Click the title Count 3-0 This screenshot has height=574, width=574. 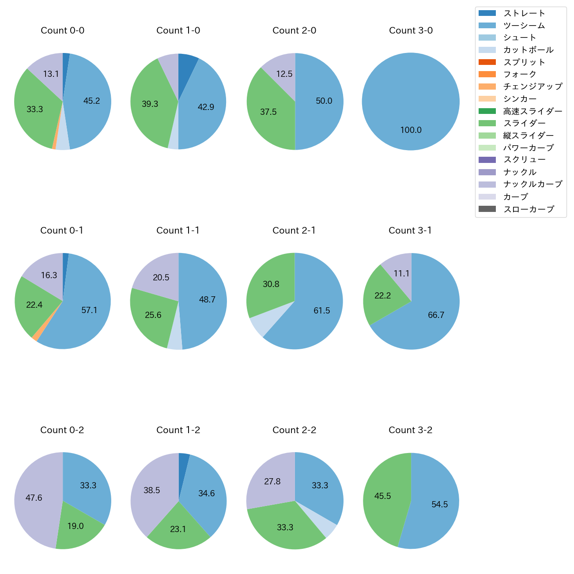point(411,30)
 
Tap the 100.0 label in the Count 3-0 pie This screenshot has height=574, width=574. point(411,130)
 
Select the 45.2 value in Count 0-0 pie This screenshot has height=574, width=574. point(91,101)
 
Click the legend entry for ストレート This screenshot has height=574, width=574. point(524,13)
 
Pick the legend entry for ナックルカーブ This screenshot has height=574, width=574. point(532,184)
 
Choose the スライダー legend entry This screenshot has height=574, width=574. point(524,123)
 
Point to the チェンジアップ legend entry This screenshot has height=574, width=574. point(532,87)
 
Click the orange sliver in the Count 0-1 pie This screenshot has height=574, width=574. point(35,337)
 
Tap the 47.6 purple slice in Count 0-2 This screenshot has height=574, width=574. point(34,498)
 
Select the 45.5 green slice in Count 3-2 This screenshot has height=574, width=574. point(382,496)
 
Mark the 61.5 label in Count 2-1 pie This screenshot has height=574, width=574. point(321,311)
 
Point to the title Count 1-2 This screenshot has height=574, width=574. point(178,430)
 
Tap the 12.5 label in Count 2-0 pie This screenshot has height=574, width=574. point(284,74)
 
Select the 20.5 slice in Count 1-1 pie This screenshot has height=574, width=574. point(161,278)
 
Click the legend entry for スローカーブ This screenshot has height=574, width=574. point(529,209)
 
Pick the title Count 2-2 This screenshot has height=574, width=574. point(294,430)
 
